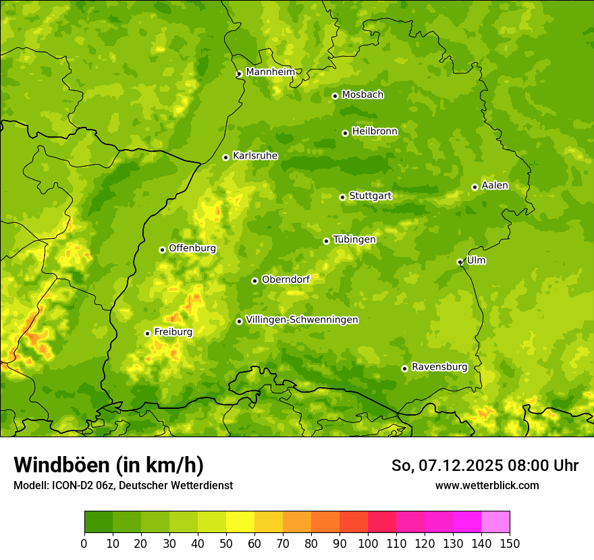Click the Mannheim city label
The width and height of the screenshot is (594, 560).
coord(270,72)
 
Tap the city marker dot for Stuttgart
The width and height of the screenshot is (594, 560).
coord(342,197)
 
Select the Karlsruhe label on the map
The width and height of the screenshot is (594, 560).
coord(255,156)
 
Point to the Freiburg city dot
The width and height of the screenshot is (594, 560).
coord(147,333)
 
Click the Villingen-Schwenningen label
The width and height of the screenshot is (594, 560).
coord(302,320)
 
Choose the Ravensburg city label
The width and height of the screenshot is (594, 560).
coord(439,367)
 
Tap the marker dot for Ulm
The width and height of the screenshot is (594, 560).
coord(460,262)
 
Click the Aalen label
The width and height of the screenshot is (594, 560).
coord(495,186)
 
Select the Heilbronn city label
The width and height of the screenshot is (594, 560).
coord(375,132)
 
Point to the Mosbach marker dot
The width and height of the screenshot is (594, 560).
coord(335,96)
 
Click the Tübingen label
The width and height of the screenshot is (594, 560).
coord(354,240)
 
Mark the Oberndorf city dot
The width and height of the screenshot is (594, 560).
coord(254,281)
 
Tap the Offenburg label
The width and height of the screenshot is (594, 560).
coord(192,248)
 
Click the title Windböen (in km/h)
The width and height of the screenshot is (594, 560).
coord(109,465)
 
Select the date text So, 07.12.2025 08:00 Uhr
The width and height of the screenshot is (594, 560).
coord(485,466)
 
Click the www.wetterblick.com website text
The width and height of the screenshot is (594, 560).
coord(487,485)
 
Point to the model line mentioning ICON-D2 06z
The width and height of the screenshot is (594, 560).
coord(123,485)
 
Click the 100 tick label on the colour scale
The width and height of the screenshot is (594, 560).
coord(368,543)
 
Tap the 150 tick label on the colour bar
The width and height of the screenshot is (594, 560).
coord(510,543)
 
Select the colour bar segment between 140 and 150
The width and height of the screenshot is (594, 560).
coord(495,522)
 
